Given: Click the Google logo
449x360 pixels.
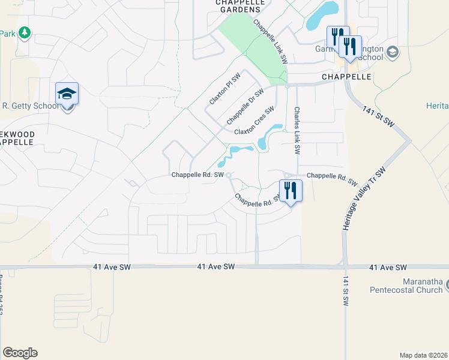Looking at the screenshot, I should point(20,353).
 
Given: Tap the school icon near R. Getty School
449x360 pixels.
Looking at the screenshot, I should point(67,94).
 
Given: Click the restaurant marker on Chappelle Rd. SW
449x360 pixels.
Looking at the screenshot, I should point(291,191).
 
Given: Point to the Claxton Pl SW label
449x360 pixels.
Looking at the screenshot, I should point(224,89).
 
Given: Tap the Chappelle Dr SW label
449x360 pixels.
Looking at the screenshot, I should point(246,106).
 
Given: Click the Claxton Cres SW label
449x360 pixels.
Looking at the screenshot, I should point(254,121).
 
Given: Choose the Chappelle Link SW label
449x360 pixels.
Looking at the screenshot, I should point(271,43).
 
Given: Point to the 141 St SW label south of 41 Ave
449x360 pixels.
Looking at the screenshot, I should point(346,292).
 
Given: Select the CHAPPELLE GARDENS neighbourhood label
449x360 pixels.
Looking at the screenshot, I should point(238,6).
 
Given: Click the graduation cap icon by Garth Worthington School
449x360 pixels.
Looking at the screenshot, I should point(393,52).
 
